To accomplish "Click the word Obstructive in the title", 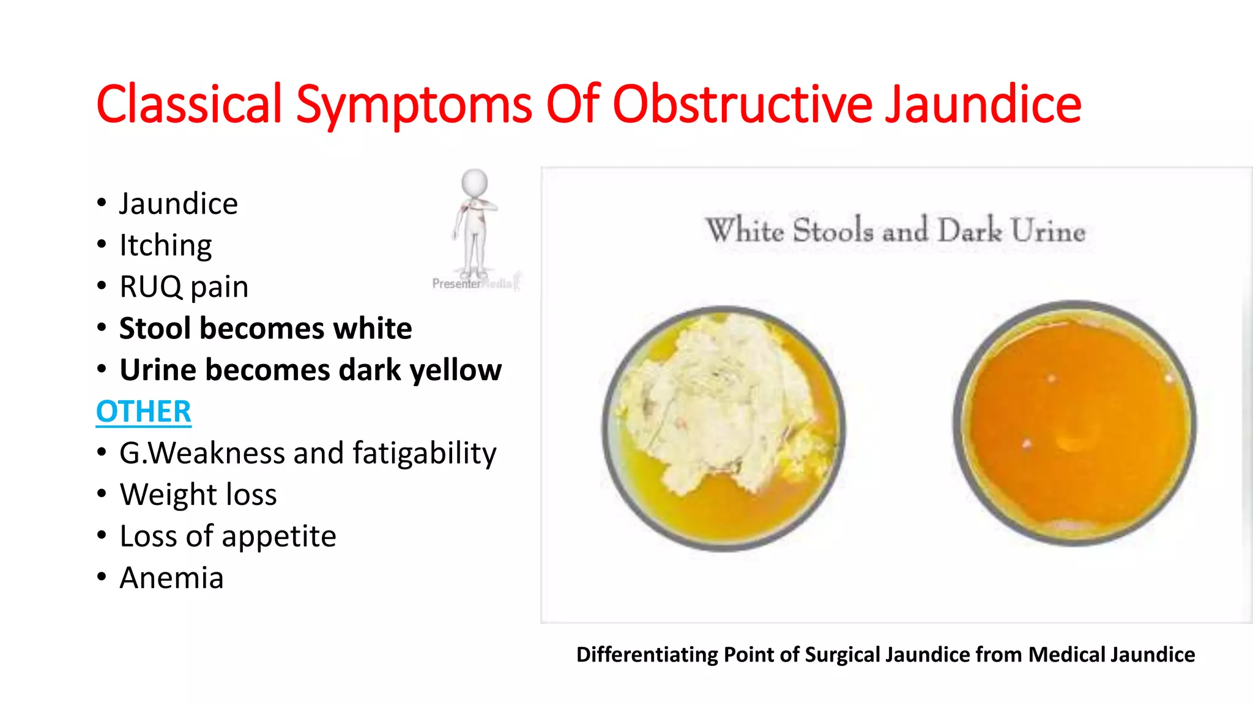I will click(742, 104).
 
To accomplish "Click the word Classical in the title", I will click(189, 104).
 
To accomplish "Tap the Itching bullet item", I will click(165, 245).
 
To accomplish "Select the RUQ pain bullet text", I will click(184, 287).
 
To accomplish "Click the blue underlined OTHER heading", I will click(144, 411).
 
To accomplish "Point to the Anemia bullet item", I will click(171, 578).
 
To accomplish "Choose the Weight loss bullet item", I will click(198, 494).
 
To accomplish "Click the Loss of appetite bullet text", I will click(228, 536).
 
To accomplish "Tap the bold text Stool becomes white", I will click(266, 329).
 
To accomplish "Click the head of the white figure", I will click(474, 182).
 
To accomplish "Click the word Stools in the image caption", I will click(833, 231).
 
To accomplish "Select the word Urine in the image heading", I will click(1047, 231).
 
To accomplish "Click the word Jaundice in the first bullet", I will click(178, 204).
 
